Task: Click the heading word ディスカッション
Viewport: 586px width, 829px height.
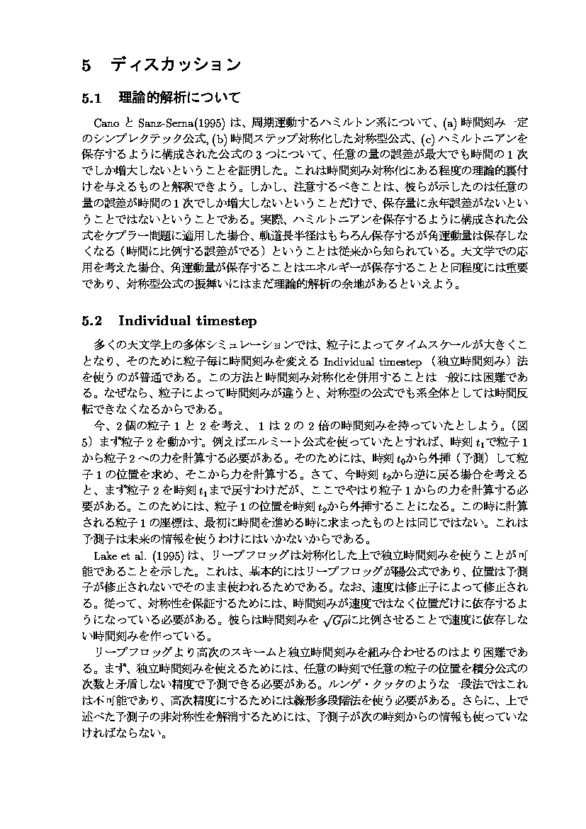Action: click(x=176, y=65)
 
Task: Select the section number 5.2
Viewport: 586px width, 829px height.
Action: click(x=93, y=320)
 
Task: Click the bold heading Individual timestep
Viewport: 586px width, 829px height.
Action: click(x=187, y=320)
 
